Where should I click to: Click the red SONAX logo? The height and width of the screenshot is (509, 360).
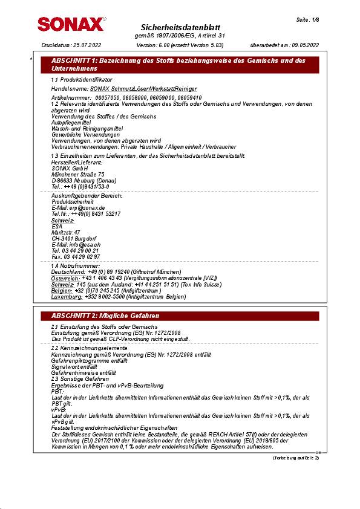71,24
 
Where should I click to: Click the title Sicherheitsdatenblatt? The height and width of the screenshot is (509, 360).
180,28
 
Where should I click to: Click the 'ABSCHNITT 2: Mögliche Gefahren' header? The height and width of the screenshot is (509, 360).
105,316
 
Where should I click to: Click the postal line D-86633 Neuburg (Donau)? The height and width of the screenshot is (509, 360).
83,180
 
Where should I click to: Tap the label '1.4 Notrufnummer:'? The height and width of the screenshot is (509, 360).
76,266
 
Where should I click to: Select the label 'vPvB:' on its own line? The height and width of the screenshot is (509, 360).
59,410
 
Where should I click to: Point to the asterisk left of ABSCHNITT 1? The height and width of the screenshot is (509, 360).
31,59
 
